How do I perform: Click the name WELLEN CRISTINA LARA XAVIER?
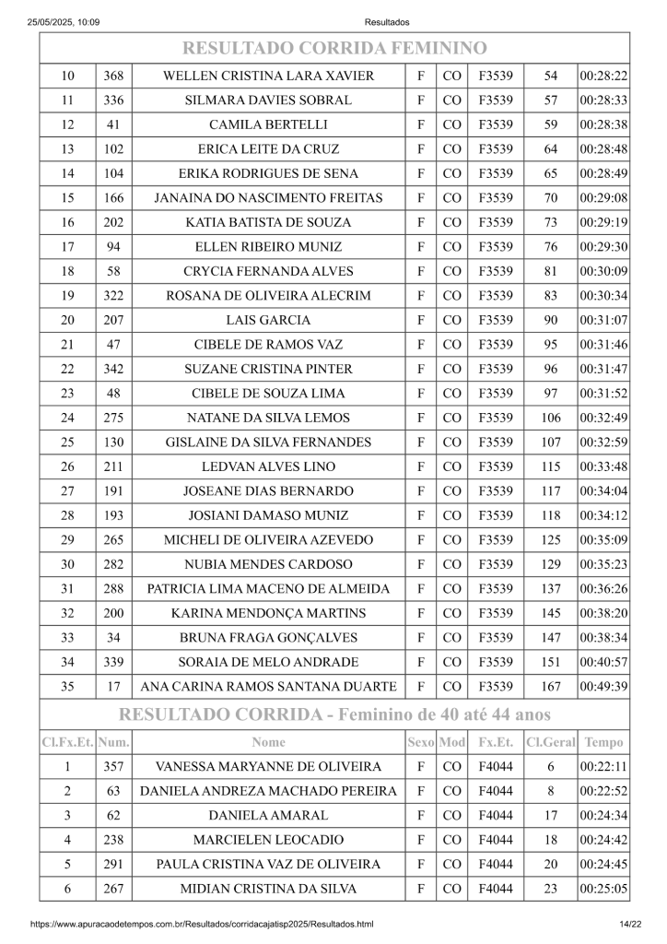[x=268, y=76]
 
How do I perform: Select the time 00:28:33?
[x=603, y=100]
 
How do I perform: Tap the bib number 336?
[x=113, y=100]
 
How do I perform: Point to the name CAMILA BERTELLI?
[x=268, y=124]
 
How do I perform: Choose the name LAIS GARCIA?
[x=268, y=320]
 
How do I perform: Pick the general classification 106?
[x=551, y=418]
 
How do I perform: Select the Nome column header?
[x=268, y=741]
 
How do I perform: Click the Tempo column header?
[x=603, y=741]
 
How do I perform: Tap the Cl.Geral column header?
[x=551, y=741]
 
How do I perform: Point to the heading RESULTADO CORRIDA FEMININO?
[x=333, y=48]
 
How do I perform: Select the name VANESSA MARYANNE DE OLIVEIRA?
[x=268, y=766]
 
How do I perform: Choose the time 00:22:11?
[x=603, y=766]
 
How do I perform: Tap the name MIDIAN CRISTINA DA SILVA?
[x=268, y=888]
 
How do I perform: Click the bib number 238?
[x=113, y=839]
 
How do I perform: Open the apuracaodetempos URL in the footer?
[x=202, y=924]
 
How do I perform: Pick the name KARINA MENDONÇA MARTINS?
[x=268, y=613]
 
